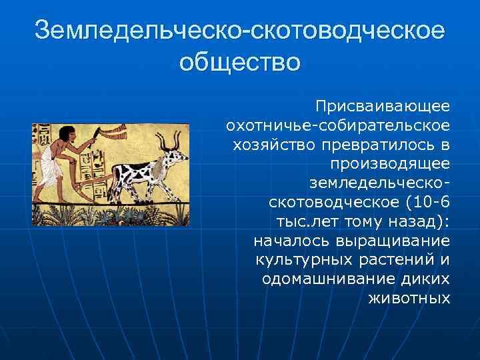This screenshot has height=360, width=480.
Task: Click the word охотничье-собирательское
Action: pyautogui.click(x=338, y=125)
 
